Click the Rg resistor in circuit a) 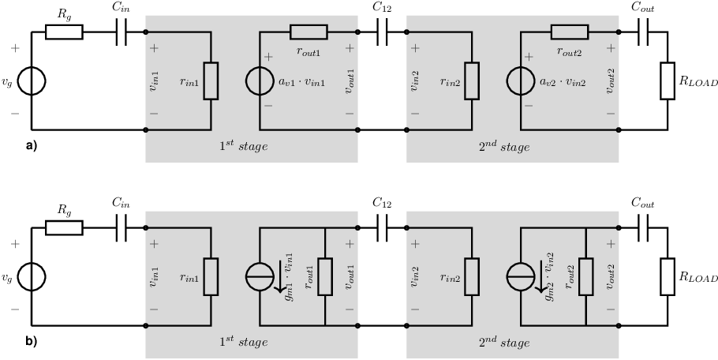point(64,32)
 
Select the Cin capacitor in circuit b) point(121,227)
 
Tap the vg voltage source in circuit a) point(32,81)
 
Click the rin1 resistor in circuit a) point(211,81)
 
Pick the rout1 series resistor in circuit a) point(309,32)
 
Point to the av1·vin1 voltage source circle point(260,81)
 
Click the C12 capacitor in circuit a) point(383,32)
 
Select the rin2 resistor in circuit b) point(472,276)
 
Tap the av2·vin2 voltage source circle point(521,81)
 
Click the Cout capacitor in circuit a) point(643,32)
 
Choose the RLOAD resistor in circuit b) point(668,276)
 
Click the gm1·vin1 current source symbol point(260,276)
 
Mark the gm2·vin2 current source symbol point(521,276)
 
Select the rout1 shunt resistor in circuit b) point(325,276)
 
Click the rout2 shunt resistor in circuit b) point(586,276)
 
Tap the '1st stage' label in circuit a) point(243,147)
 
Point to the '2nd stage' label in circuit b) point(504,342)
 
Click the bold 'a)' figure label point(31,146)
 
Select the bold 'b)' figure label point(31,342)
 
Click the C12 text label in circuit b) point(382,202)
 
